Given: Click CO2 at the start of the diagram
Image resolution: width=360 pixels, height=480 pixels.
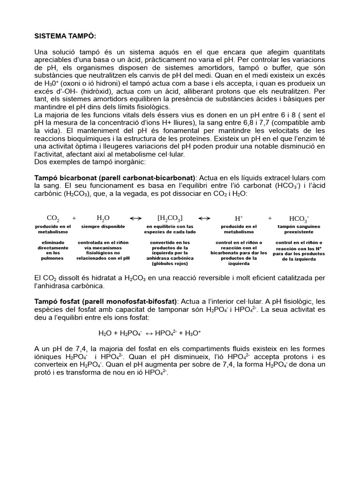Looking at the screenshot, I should tap(53, 218).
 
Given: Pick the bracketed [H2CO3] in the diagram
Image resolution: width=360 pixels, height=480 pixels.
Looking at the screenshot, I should tap(170, 218).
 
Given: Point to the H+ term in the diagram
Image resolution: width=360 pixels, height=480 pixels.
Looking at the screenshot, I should tap(238, 218).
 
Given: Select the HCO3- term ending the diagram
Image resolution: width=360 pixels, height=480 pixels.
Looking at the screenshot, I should tap(299, 218).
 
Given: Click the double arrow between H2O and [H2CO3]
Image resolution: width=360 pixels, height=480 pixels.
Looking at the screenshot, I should tap(135, 218).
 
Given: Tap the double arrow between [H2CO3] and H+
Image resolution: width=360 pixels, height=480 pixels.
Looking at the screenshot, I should tap(204, 218).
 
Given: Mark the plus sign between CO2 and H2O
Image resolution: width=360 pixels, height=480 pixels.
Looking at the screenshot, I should tap(74, 218).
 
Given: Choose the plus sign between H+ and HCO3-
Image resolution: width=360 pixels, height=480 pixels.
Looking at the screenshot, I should tap(270, 218).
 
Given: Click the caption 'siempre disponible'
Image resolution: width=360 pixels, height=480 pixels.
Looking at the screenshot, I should tap(103, 226).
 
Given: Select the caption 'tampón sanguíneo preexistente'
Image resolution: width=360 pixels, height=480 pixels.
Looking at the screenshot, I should tap(299, 229).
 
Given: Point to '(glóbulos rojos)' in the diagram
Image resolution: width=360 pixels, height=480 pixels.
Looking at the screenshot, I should tap(170, 263).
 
